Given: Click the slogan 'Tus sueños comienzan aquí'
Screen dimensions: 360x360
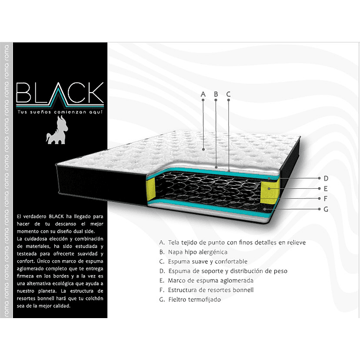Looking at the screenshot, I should pyautogui.click(x=60, y=111).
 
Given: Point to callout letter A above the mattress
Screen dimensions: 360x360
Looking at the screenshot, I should pyautogui.click(x=202, y=94).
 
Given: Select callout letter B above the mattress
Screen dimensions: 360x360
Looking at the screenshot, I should pyautogui.click(x=216, y=94).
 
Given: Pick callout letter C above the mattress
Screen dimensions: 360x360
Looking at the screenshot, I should pyautogui.click(x=228, y=94).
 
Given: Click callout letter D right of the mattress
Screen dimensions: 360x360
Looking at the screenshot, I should pyautogui.click(x=325, y=178).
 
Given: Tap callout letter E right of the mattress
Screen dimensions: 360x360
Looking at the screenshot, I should pyautogui.click(x=325, y=188).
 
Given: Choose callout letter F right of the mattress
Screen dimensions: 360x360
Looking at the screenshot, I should pyautogui.click(x=325, y=198).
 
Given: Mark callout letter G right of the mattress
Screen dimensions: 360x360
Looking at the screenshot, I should pyautogui.click(x=325, y=208).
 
